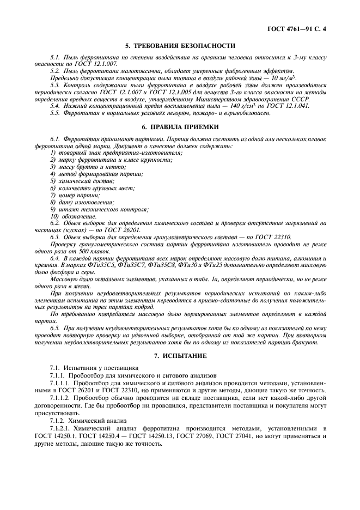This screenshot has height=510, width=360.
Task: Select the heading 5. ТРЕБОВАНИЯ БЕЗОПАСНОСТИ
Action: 180,46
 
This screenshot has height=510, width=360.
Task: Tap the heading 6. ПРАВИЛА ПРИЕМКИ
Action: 180,126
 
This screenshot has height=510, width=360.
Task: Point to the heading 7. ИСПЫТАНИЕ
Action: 180,355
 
